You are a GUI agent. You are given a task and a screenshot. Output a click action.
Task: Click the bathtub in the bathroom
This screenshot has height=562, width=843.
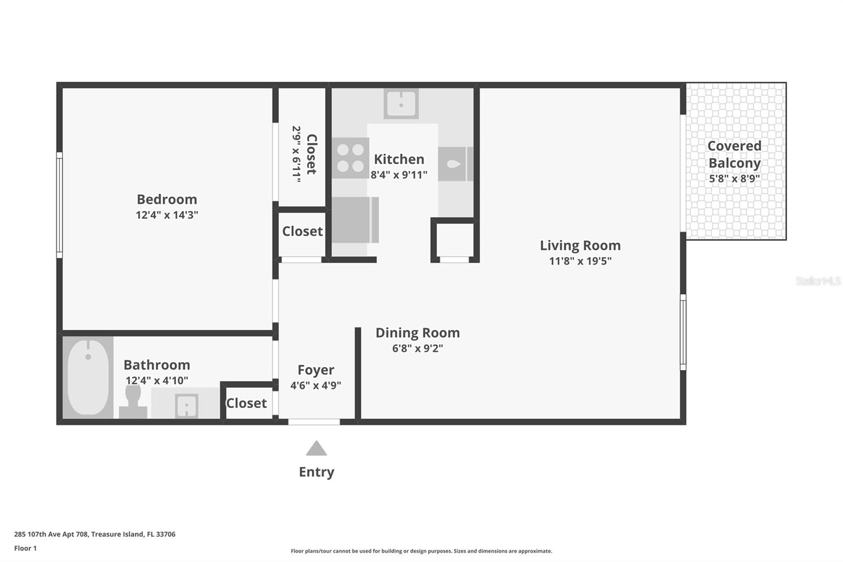coord(88,377)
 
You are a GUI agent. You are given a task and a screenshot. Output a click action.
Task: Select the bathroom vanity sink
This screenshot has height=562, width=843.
coord(186,405)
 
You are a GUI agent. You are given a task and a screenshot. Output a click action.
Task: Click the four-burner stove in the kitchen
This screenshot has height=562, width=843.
coord(350,158)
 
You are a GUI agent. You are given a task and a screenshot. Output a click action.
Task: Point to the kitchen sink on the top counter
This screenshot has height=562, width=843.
coord(401,104)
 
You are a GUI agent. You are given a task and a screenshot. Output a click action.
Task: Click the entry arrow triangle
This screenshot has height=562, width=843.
coord(316,449)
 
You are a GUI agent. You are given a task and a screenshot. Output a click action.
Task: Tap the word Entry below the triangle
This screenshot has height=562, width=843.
coord(316,472)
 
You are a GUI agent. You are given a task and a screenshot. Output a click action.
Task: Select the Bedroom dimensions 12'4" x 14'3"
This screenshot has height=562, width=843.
coord(167,215)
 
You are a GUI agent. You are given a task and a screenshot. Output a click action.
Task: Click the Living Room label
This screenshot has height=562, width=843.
coord(580,245)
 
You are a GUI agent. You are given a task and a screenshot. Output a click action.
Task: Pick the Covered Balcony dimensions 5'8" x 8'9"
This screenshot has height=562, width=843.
coord(734,179)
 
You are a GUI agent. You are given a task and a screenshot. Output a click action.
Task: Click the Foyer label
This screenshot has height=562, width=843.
coord(316,370)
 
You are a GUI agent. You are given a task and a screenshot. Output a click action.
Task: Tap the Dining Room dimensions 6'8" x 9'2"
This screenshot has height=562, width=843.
coord(417,348)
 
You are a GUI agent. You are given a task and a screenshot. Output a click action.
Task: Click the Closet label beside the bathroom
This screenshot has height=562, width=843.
coord(246,403)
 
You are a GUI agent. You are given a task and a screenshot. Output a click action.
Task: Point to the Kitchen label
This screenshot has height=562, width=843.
coord(399,159)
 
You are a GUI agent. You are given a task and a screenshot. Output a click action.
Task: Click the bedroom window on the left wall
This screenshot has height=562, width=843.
coord(60,205)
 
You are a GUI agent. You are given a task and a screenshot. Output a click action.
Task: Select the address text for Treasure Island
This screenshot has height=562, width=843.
coord(95,534)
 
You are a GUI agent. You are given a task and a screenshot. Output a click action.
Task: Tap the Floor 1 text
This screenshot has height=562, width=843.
coord(25,548)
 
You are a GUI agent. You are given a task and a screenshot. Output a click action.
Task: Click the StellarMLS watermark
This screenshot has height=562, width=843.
coord(818,281)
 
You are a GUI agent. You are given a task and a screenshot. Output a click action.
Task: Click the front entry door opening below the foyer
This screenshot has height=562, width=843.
coord(314,422)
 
